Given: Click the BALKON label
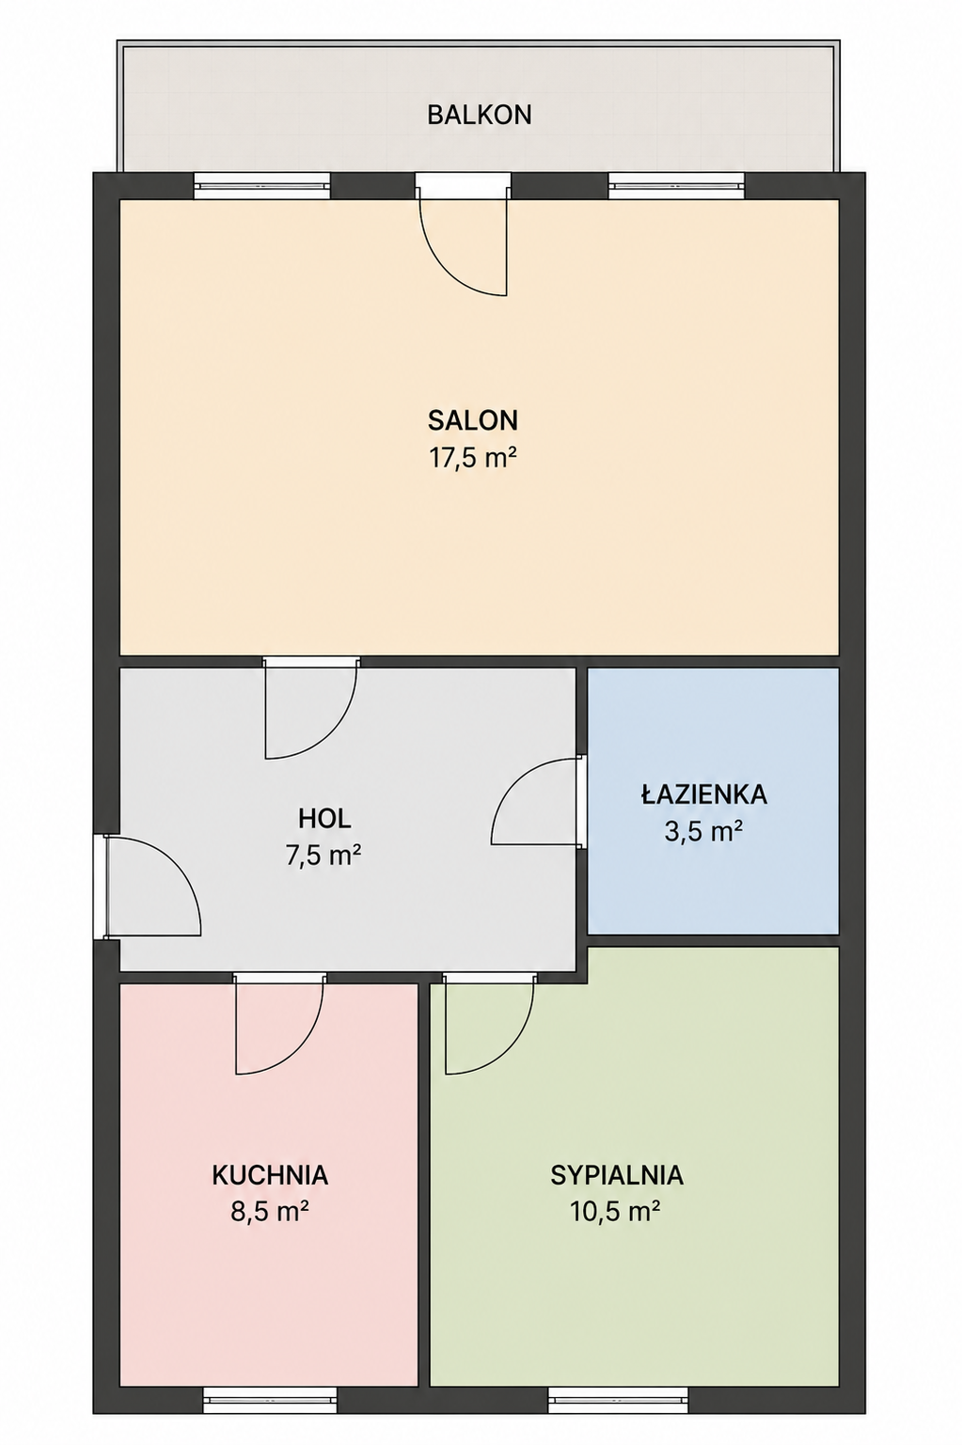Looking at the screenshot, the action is click(480, 115).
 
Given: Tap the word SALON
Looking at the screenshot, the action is click(473, 420).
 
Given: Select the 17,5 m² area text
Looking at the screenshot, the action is click(473, 458).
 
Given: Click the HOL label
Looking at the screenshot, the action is click(324, 819).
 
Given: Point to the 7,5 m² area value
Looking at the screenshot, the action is click(323, 856).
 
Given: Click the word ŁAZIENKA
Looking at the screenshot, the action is click(704, 793).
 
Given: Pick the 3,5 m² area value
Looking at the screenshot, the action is click(702, 831).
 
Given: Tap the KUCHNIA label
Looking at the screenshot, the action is click(270, 1175).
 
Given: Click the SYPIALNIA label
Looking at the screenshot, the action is click(617, 1175).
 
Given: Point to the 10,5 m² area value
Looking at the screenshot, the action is click(614, 1212).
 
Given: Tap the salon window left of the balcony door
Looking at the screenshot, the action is click(262, 186).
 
